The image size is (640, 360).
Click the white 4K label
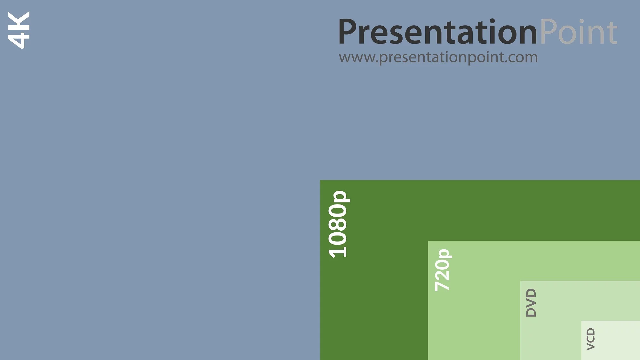point(19,30)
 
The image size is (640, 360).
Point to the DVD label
point(531,303)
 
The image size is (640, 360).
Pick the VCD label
point(591,339)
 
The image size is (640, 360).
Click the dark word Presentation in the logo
point(438,32)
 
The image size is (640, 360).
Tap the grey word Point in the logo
point(579,32)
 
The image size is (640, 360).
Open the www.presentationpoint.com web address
point(438,58)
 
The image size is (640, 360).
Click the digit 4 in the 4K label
point(19,40)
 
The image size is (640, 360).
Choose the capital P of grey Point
point(548,32)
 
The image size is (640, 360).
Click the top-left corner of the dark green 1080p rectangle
point(320,180)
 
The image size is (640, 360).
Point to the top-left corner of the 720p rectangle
point(428,241)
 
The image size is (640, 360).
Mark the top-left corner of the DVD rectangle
point(520,281)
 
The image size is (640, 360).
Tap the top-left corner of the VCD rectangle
point(581,321)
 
